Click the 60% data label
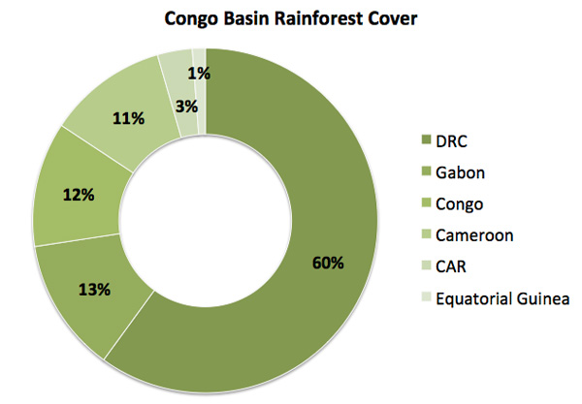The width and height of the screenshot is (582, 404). [328, 263]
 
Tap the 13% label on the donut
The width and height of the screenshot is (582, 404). [94, 290]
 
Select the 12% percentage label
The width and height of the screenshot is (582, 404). [79, 195]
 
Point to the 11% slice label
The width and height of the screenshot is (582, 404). [128, 118]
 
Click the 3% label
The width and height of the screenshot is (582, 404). [186, 107]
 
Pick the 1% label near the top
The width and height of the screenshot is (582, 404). [199, 74]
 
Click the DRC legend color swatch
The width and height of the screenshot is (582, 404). [427, 140]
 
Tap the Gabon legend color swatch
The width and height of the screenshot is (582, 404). [427, 171]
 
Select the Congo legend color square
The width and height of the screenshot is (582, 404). [427, 203]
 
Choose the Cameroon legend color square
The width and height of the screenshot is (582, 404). [427, 234]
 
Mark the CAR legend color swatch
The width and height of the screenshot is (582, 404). [427, 265]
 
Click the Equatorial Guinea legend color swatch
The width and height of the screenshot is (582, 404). [427, 297]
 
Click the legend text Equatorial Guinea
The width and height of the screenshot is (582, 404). [502, 298]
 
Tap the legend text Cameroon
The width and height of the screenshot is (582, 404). [474, 235]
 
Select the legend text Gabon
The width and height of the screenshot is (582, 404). [460, 172]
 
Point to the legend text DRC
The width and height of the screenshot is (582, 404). [451, 141]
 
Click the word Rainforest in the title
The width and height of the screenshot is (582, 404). [318, 18]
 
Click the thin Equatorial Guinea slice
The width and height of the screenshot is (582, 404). [201, 91]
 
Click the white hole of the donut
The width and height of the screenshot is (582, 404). [206, 221]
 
